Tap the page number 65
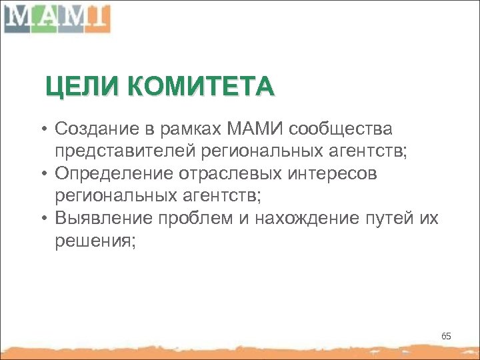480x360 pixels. tap(446, 336)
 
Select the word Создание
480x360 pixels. tap(98, 127)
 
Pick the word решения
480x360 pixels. tap(95, 242)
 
